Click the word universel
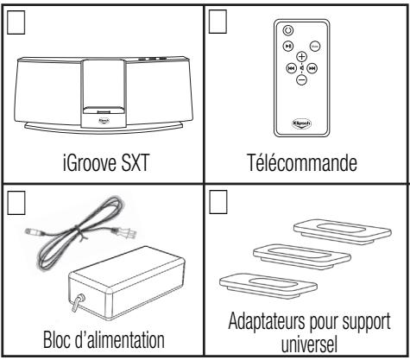tap(307, 348)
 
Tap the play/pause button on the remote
tap(291, 45)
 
